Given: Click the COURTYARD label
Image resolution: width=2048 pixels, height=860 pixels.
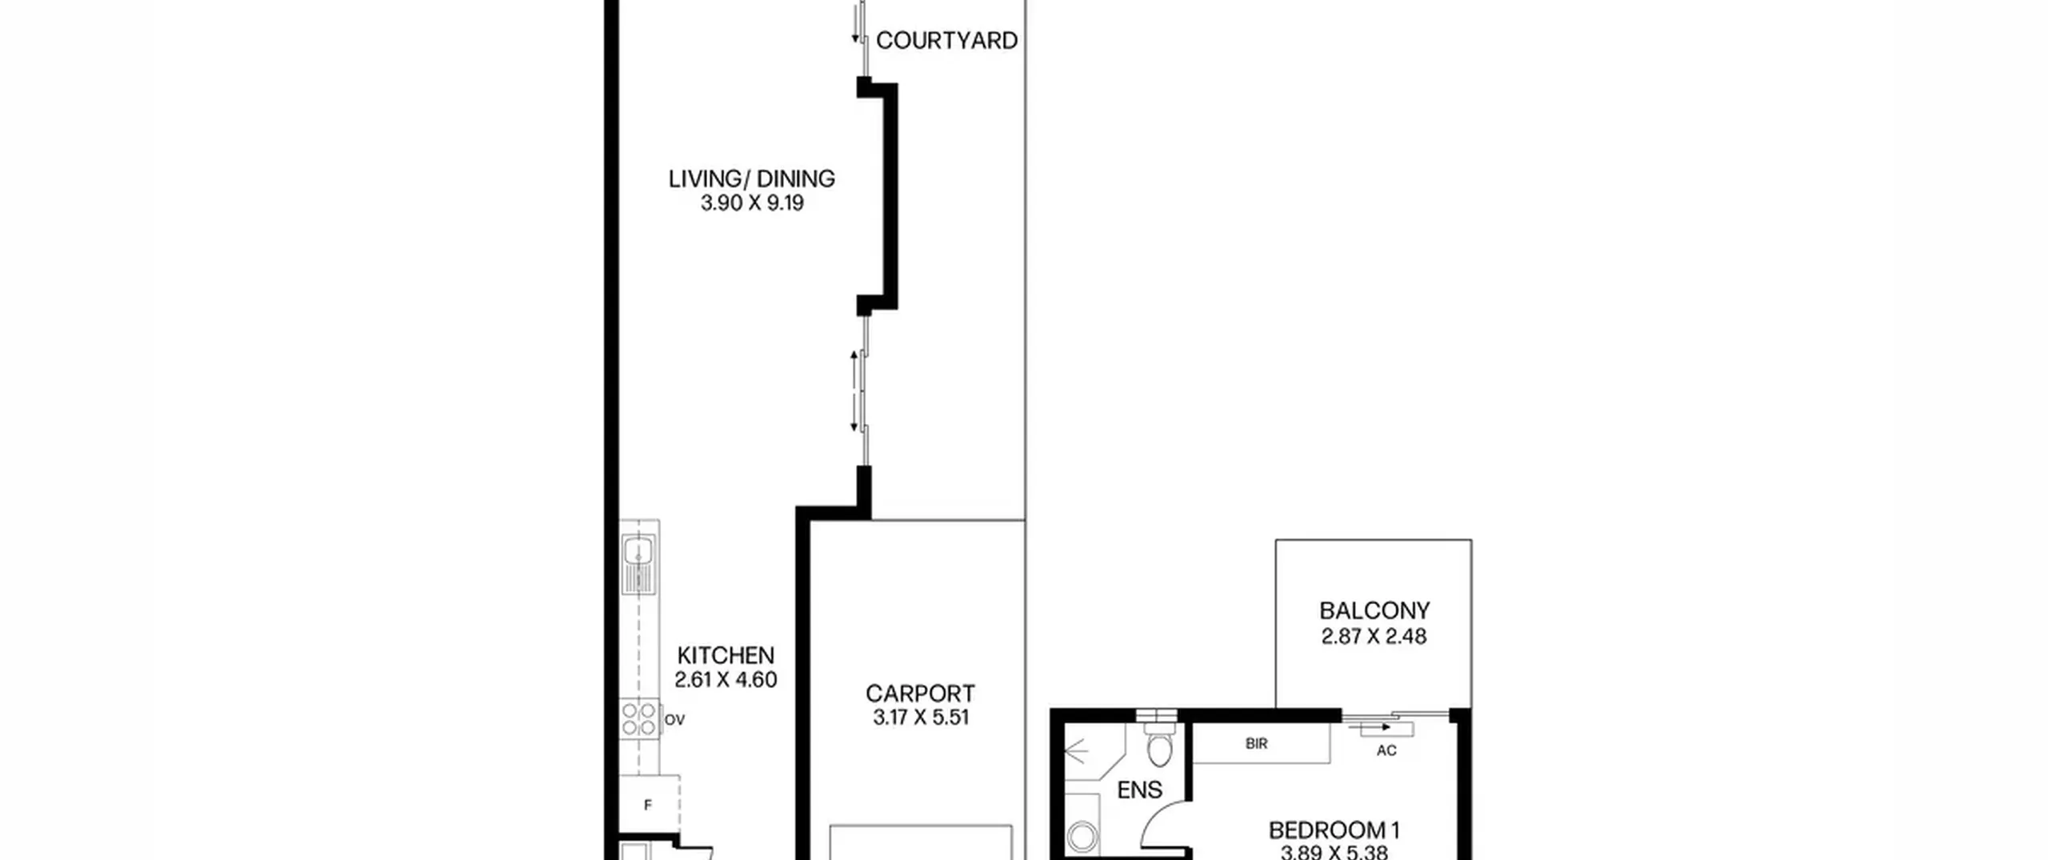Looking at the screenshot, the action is pyautogui.click(x=946, y=40).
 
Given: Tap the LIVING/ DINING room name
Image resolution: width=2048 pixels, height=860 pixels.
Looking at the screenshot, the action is pyautogui.click(x=752, y=178).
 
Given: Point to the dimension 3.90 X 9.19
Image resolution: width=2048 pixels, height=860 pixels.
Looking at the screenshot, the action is pyautogui.click(x=752, y=203).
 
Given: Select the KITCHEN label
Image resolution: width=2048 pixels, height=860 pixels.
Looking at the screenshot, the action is pyautogui.click(x=726, y=655).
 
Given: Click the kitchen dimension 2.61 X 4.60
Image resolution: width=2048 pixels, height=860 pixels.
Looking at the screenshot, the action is pyautogui.click(x=726, y=680).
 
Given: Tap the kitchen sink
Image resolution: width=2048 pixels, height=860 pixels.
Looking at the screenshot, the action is pyautogui.click(x=638, y=565).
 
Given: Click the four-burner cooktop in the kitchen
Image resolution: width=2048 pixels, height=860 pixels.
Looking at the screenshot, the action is pyautogui.click(x=639, y=718).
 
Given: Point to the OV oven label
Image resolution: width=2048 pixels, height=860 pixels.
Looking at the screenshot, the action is pyautogui.click(x=674, y=720).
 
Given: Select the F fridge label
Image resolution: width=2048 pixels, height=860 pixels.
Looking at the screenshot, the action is pyautogui.click(x=648, y=805).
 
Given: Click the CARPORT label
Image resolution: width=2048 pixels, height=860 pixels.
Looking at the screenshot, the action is pyautogui.click(x=920, y=693).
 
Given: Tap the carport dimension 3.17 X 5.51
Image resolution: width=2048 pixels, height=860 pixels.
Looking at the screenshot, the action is pyautogui.click(x=921, y=718).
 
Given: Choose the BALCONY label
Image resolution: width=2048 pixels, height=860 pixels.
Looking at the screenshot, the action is pyautogui.click(x=1374, y=611).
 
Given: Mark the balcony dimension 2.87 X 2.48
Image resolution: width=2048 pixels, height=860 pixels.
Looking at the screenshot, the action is pyautogui.click(x=1374, y=637).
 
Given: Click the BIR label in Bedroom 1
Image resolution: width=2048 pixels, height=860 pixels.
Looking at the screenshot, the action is pyautogui.click(x=1257, y=744).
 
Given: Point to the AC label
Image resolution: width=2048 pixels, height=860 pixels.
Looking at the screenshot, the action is pyautogui.click(x=1386, y=750).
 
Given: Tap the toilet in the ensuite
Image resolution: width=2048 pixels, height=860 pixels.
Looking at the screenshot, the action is pyautogui.click(x=1159, y=744).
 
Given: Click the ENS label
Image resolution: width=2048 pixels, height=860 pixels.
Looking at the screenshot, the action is pyautogui.click(x=1139, y=790).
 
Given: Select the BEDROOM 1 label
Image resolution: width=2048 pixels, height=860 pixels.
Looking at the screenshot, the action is pyautogui.click(x=1334, y=830).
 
